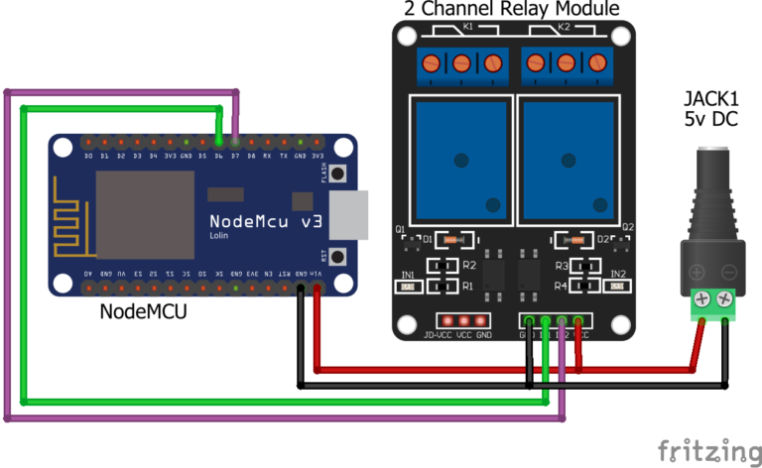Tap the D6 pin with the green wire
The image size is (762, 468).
coord(218,143)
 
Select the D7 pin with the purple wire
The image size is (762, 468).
coord(235,143)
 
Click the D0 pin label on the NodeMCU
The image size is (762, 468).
coord(88,156)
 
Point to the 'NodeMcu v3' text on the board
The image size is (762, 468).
coord(265,219)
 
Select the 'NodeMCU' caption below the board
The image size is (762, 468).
coord(143,311)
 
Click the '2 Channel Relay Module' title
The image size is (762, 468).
coord(511,9)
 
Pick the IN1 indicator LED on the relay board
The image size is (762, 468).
coord(407,287)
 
